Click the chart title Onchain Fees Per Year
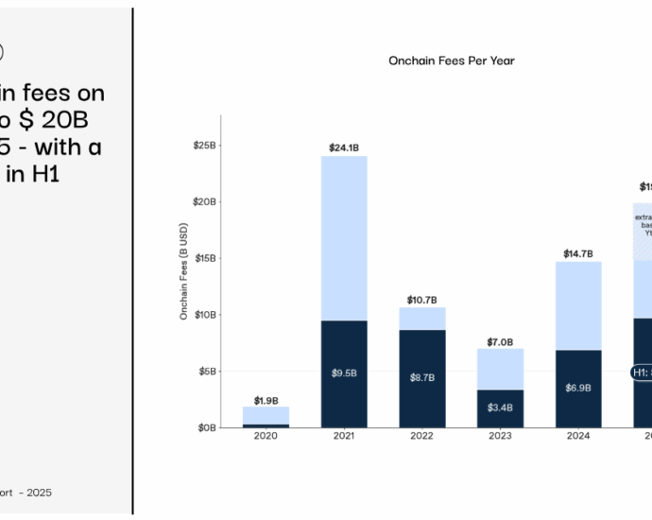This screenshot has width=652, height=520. point(452,61)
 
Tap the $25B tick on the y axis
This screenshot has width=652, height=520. point(204,146)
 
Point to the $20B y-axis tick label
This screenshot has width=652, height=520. point(204,202)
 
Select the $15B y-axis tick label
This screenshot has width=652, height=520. point(204,258)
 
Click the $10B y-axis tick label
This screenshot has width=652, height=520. point(204,315)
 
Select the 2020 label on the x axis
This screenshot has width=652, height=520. point(266,437)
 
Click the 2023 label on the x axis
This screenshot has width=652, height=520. point(500,437)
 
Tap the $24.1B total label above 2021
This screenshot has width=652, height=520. point(344,147)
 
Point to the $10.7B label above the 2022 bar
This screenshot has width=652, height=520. point(421,300)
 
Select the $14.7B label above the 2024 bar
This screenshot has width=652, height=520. point(577,253)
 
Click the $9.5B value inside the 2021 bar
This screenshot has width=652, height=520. point(344,373)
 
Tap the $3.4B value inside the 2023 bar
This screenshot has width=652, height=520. point(500,407)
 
